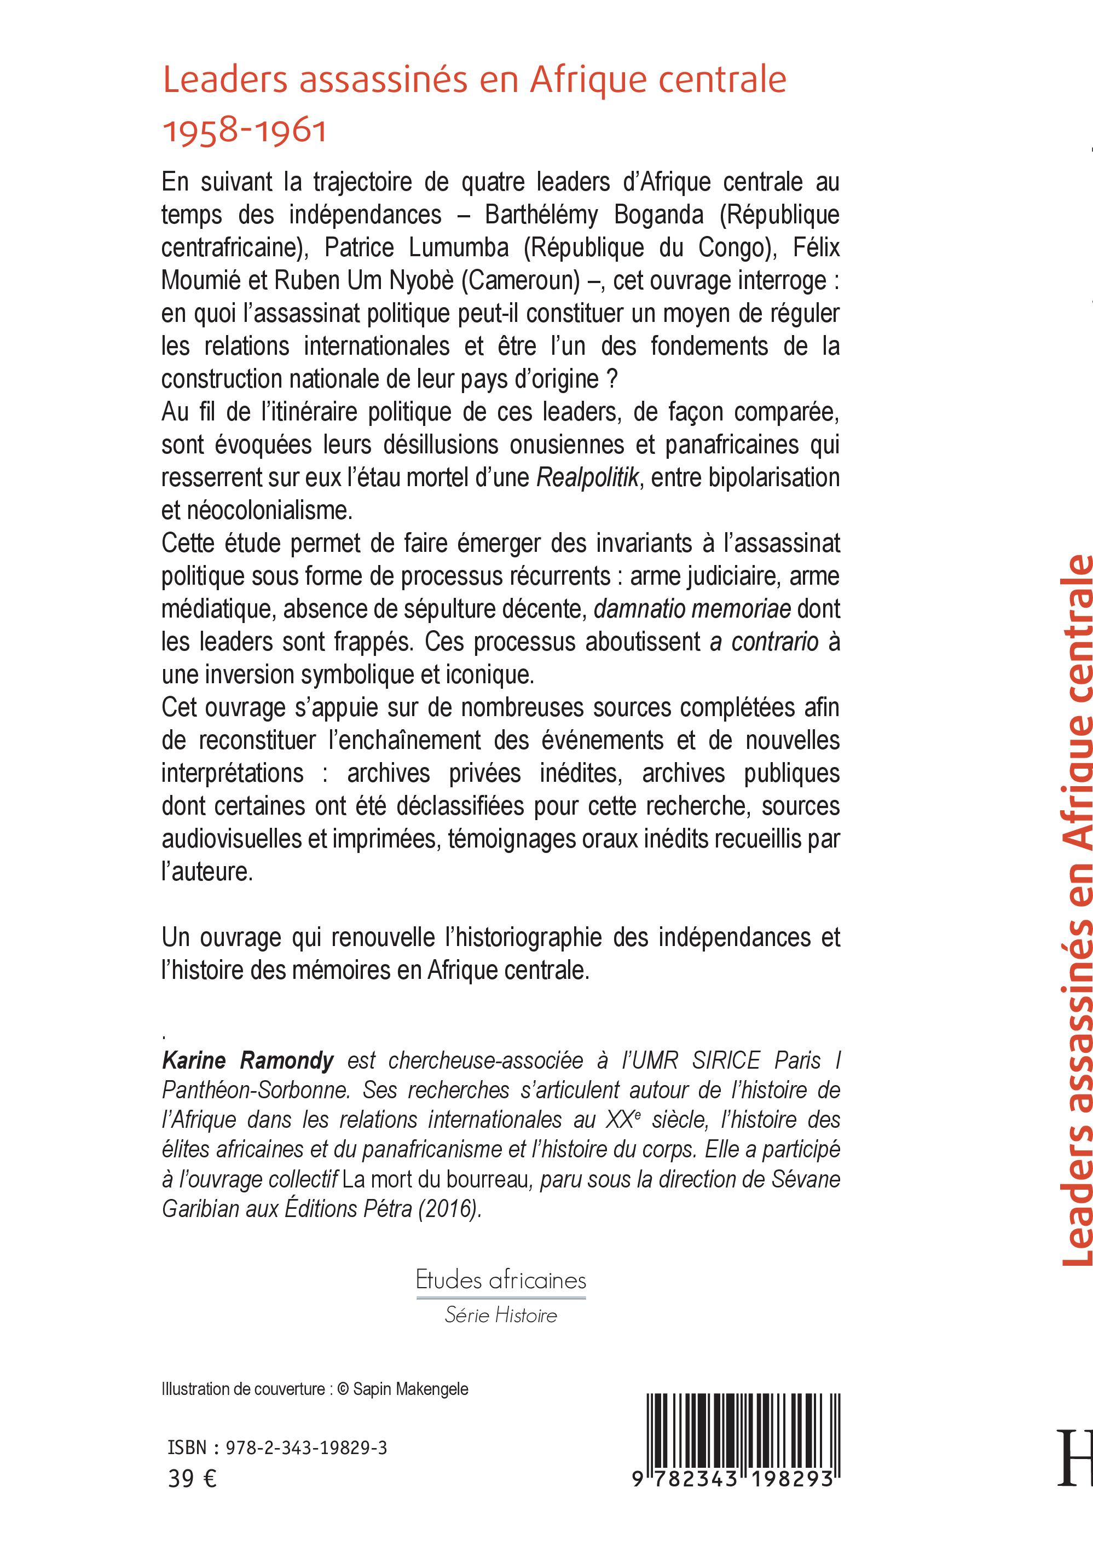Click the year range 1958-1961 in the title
click(245, 130)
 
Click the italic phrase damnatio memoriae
click(692, 609)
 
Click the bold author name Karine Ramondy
click(248, 1060)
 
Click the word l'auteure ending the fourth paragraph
click(207, 872)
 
